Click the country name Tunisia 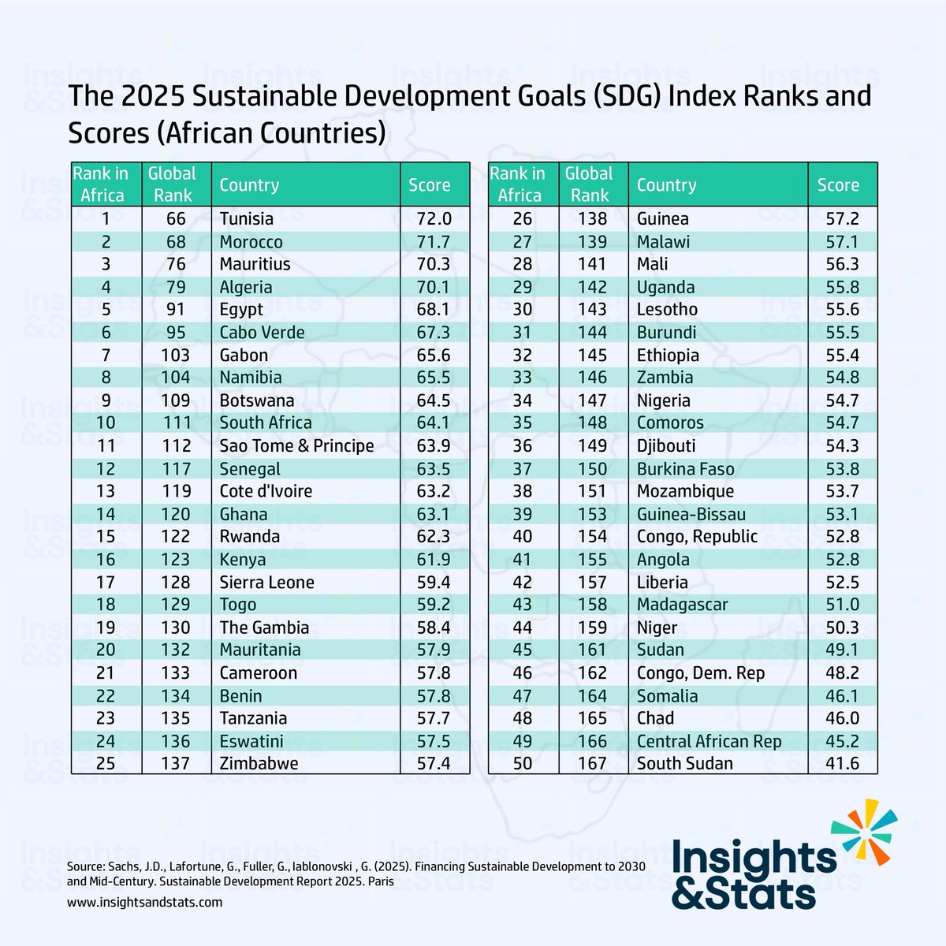[246, 218]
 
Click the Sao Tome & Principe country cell [296, 445]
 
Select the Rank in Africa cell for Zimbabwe [106, 763]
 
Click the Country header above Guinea [666, 185]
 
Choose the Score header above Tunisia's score [429, 185]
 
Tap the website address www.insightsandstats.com [144, 902]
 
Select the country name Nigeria [663, 400]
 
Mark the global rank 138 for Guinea [591, 218]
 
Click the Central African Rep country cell [709, 741]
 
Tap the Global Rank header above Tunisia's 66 [173, 184]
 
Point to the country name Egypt [241, 309]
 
